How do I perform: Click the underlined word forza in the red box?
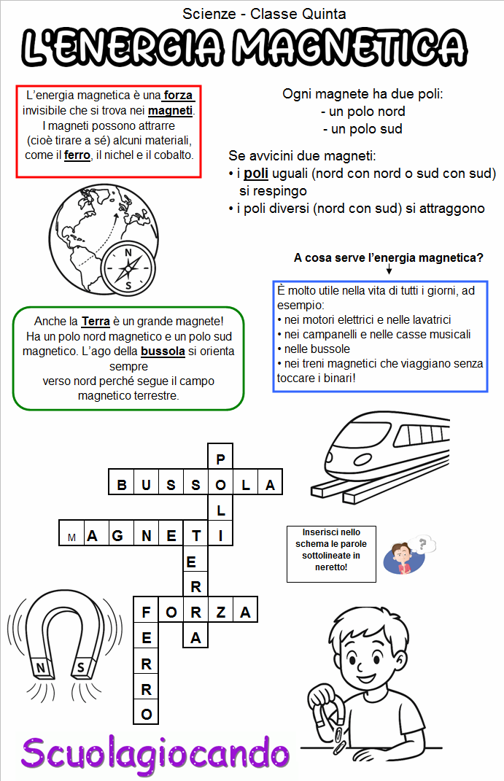[x=179, y=96]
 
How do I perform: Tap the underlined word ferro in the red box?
[x=77, y=155]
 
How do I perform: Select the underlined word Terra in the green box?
[x=96, y=321]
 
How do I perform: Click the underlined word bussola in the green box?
[x=163, y=351]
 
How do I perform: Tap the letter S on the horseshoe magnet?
[x=80, y=667]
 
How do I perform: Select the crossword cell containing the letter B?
[x=122, y=484]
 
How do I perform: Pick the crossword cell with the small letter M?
[x=71, y=537]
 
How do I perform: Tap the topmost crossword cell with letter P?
[x=221, y=459]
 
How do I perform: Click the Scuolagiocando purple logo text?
[x=155, y=752]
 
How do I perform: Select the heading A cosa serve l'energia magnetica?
[x=388, y=257]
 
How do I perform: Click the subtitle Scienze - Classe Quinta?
[x=264, y=13]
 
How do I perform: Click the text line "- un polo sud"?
[x=363, y=129]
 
